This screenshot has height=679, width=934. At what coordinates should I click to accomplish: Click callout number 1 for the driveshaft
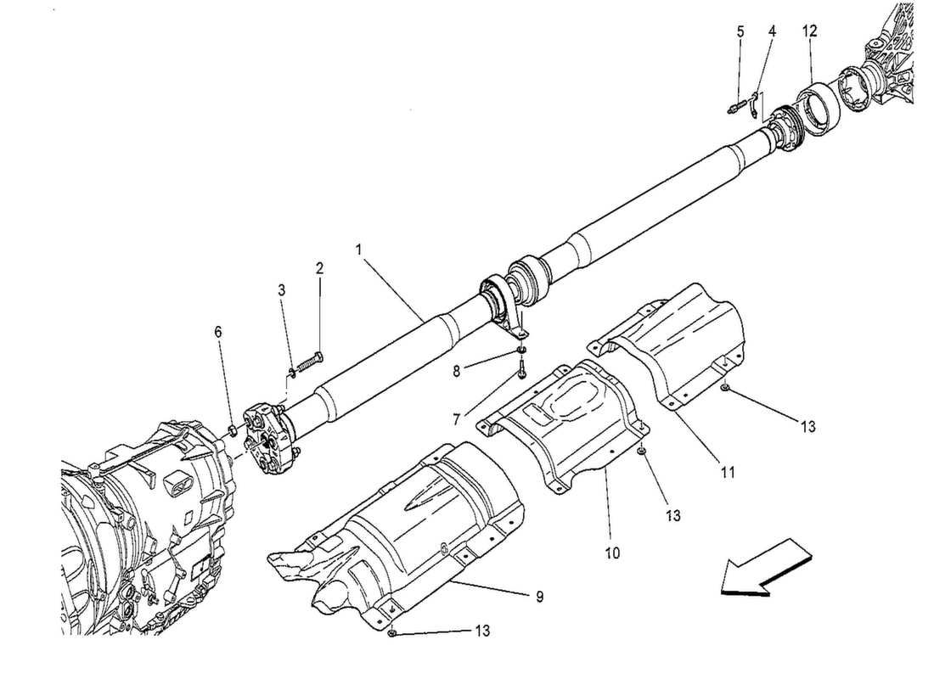[x=359, y=250]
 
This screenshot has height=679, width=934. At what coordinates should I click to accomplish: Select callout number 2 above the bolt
[x=320, y=269]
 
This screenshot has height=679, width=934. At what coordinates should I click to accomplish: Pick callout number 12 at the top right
[x=809, y=31]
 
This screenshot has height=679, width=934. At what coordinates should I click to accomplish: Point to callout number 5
[x=740, y=31]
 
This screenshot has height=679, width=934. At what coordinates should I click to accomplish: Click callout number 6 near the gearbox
[x=218, y=333]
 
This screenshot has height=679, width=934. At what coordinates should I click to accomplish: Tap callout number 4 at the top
[x=772, y=31]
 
